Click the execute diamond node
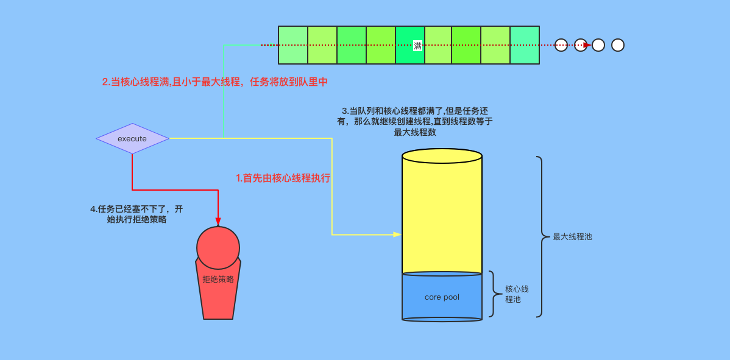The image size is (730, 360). pos(132,139)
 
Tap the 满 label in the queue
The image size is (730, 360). pos(417,46)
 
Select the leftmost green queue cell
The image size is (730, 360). pos(293,45)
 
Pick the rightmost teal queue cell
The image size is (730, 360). pos(525,45)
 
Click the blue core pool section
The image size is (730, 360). pos(442,297)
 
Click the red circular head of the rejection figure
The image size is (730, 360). pos(218,248)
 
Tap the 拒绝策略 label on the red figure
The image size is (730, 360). pos(218,280)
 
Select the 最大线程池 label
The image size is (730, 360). pos(572,237)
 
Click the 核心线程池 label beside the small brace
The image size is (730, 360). pos(517,294)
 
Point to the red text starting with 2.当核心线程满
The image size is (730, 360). pos(215,82)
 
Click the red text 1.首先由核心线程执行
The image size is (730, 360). pos(283,178)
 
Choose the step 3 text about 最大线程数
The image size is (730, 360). pos(415,121)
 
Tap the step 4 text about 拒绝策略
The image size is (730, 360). pos(136,214)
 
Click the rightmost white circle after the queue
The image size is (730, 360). pos(618,45)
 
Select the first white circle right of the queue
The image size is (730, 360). pos(561,45)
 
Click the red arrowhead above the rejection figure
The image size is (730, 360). pos(218,222)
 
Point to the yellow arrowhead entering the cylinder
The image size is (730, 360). pos(397,235)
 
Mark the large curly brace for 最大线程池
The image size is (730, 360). pos(540,237)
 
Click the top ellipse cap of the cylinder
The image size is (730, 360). pos(442,156)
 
